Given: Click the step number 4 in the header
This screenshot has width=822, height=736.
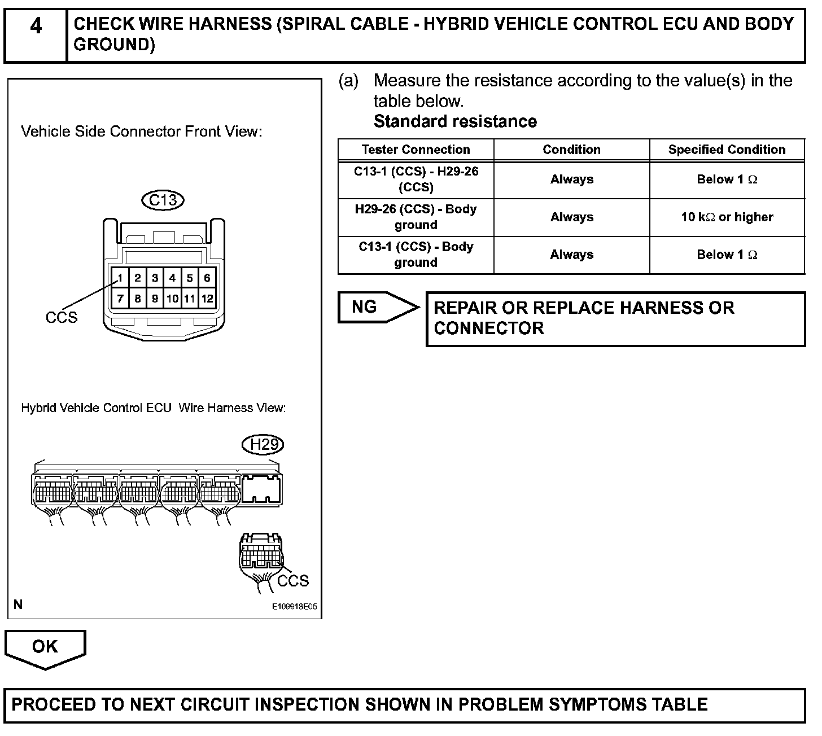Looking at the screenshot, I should (35, 27).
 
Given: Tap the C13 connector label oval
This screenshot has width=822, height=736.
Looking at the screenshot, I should (163, 200).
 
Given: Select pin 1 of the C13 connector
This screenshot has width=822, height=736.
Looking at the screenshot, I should (120, 278).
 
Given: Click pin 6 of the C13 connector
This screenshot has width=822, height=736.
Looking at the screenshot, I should (207, 278).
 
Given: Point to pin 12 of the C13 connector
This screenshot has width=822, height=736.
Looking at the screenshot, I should (207, 299).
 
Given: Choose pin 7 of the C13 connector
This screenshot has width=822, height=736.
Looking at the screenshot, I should (120, 299).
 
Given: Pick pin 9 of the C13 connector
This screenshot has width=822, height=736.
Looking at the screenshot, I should (155, 299).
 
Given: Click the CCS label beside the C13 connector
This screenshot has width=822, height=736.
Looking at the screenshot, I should (62, 318).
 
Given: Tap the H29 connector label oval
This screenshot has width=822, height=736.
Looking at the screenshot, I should (263, 445).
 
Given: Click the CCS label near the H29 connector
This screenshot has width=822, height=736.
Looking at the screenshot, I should (293, 581).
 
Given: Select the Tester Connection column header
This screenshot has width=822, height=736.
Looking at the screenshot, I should (416, 150).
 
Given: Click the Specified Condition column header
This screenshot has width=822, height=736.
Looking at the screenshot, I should (727, 150).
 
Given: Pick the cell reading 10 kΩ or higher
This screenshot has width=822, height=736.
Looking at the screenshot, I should (727, 217).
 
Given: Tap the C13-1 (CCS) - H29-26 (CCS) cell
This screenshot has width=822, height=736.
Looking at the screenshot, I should (416, 179).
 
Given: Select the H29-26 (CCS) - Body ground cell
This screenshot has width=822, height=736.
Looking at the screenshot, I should (416, 217).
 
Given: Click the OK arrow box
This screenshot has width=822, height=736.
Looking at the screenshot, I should (45, 647).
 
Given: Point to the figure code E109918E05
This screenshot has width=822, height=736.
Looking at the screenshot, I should (294, 607).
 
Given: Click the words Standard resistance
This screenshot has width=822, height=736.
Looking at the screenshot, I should (455, 121).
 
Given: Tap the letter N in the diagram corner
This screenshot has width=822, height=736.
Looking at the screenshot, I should (18, 605).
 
